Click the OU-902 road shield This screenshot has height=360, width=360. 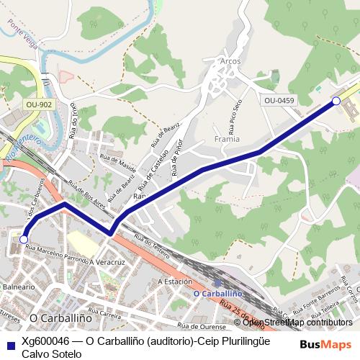coord(39,104)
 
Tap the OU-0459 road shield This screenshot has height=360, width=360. coord(279,101)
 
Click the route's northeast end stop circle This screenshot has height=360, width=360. coord(336,102)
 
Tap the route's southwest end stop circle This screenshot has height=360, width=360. coord(24,239)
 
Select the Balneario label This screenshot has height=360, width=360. coord(17,286)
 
